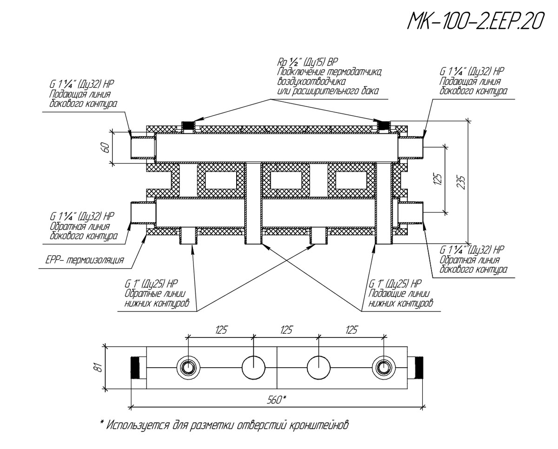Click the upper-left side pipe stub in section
[142, 146]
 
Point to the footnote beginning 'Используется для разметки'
[224, 425]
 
